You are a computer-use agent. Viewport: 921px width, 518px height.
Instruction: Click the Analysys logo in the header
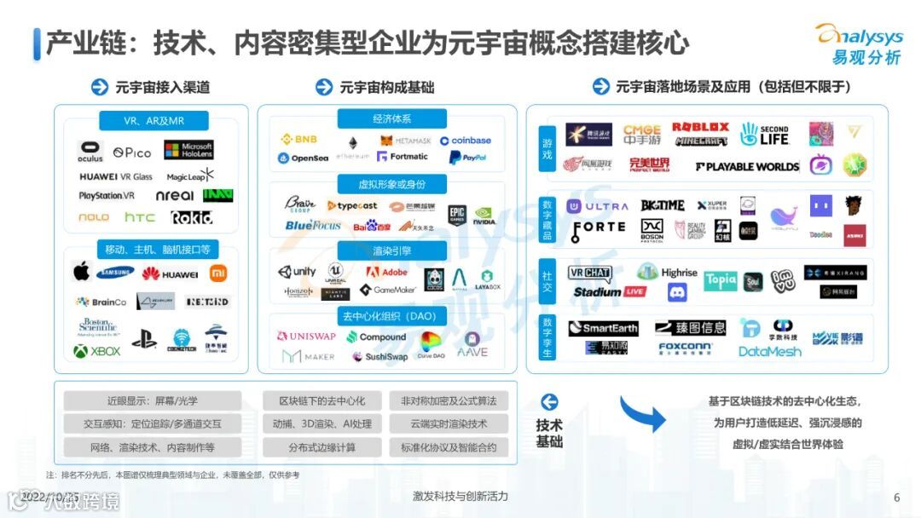click(860, 43)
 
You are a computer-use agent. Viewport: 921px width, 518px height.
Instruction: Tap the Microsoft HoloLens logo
click(188, 151)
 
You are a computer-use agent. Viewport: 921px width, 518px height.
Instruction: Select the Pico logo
click(132, 153)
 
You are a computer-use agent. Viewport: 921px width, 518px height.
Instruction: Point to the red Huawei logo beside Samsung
click(170, 273)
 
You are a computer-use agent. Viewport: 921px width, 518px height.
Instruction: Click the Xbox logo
click(97, 351)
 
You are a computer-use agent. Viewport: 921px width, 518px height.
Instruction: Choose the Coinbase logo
click(466, 141)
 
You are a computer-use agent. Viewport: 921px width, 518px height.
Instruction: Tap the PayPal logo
click(467, 158)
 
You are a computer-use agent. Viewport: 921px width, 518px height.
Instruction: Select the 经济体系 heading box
click(391, 119)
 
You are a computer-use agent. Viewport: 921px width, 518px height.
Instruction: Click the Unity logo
click(297, 272)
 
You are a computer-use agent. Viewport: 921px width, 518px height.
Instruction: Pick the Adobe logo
click(387, 272)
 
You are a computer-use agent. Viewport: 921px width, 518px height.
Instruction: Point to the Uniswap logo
click(307, 337)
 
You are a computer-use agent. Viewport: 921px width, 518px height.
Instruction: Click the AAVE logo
click(472, 350)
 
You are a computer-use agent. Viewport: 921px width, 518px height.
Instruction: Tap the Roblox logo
click(700, 127)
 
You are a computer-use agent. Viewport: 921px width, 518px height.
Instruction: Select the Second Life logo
click(764, 134)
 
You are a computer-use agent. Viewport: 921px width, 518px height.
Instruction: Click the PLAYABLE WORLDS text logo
click(747, 166)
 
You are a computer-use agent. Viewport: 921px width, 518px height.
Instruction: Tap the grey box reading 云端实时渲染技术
click(449, 423)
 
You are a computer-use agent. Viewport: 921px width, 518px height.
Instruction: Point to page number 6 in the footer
click(896, 498)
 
